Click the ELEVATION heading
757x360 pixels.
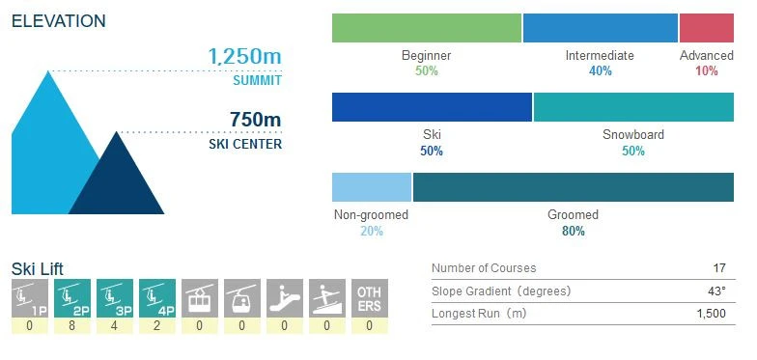point(59,21)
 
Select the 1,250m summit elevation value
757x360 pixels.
point(245,56)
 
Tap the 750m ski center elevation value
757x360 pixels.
point(255,120)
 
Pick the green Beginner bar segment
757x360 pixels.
point(426,28)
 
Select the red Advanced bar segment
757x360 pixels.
point(706,28)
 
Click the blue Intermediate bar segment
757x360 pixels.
point(600,28)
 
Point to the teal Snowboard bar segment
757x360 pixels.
point(632,107)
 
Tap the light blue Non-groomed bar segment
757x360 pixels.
point(372,187)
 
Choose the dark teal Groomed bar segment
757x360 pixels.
point(573,187)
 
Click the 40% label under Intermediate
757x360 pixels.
point(600,71)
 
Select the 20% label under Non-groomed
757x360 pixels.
point(371,231)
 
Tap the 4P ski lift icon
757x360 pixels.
point(156,298)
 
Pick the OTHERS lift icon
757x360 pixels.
point(369,298)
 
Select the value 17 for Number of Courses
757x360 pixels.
point(717,268)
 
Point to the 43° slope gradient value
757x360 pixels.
point(715,291)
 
